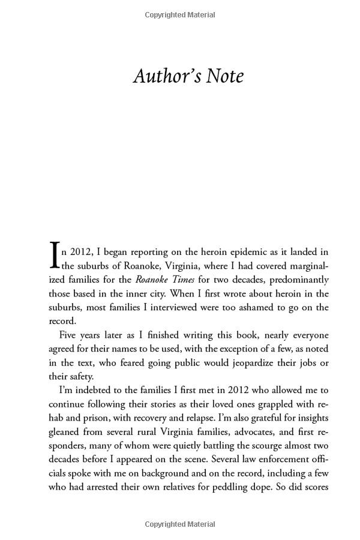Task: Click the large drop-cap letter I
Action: tap(54, 256)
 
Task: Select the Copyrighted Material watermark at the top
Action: tap(180, 15)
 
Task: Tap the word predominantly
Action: tap(298, 280)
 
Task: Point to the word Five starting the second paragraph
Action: tap(69, 335)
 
